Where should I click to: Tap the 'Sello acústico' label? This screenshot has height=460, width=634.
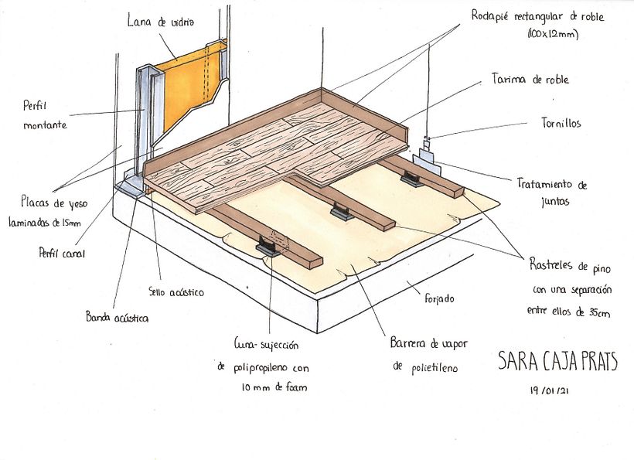click(x=176, y=292)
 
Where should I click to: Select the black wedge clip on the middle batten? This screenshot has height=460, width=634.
click(x=341, y=212)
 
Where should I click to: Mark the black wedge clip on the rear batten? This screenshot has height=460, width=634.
click(x=411, y=179)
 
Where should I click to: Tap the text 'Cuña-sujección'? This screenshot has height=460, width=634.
click(x=266, y=345)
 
